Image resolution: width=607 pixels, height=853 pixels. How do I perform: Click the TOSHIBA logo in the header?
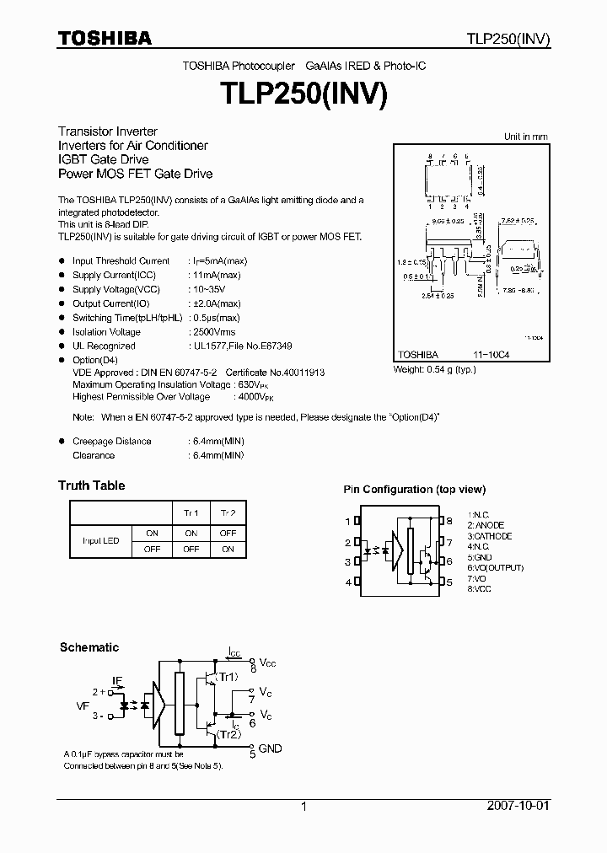(105, 38)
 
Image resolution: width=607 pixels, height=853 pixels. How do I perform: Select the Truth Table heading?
(91, 486)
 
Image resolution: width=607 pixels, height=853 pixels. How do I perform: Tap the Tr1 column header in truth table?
(191, 513)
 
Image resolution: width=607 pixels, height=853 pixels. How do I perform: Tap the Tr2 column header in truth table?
(228, 513)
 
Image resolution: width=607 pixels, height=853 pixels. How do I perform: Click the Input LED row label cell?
(100, 540)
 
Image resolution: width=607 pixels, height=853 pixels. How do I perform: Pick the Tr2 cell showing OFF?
(228, 533)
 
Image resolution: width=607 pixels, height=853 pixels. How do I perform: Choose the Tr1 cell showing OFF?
(191, 549)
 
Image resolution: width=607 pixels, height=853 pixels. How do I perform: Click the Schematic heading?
(89, 647)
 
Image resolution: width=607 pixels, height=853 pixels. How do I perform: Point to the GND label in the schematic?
(271, 748)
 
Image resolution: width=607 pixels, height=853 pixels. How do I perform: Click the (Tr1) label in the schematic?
(228, 678)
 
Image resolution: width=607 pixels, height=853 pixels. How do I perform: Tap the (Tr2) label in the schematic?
(228, 735)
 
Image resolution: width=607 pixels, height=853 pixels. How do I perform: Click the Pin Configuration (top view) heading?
(414, 490)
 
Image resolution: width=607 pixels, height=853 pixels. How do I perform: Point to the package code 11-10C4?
(492, 357)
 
